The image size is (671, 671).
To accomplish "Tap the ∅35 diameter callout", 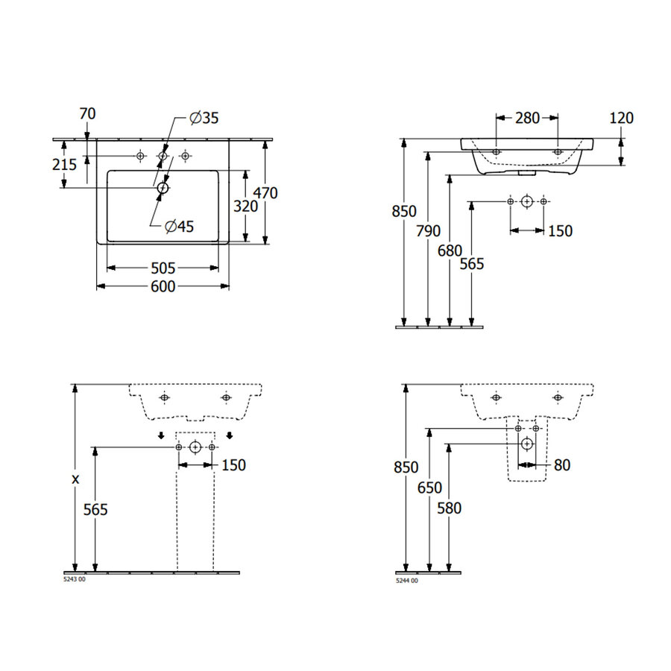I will [204, 118].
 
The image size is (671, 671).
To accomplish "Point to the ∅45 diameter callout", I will [180, 227].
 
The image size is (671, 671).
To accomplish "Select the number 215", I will [65, 164].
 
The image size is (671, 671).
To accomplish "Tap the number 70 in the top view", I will [87, 113].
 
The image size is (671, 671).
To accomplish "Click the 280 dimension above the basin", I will [527, 118].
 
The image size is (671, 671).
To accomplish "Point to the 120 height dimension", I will [621, 118].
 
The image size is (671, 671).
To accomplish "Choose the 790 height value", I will [429, 230].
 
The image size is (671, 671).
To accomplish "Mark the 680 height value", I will [450, 251].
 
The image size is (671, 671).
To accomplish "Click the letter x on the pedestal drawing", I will [75, 479].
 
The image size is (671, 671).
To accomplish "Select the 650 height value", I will [429, 488].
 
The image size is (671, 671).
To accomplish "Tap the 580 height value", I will [450, 508].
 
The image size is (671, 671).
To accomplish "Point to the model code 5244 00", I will [407, 579].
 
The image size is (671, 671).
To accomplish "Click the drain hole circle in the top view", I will [163, 189].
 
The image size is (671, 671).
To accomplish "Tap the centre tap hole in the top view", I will [163, 156].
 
